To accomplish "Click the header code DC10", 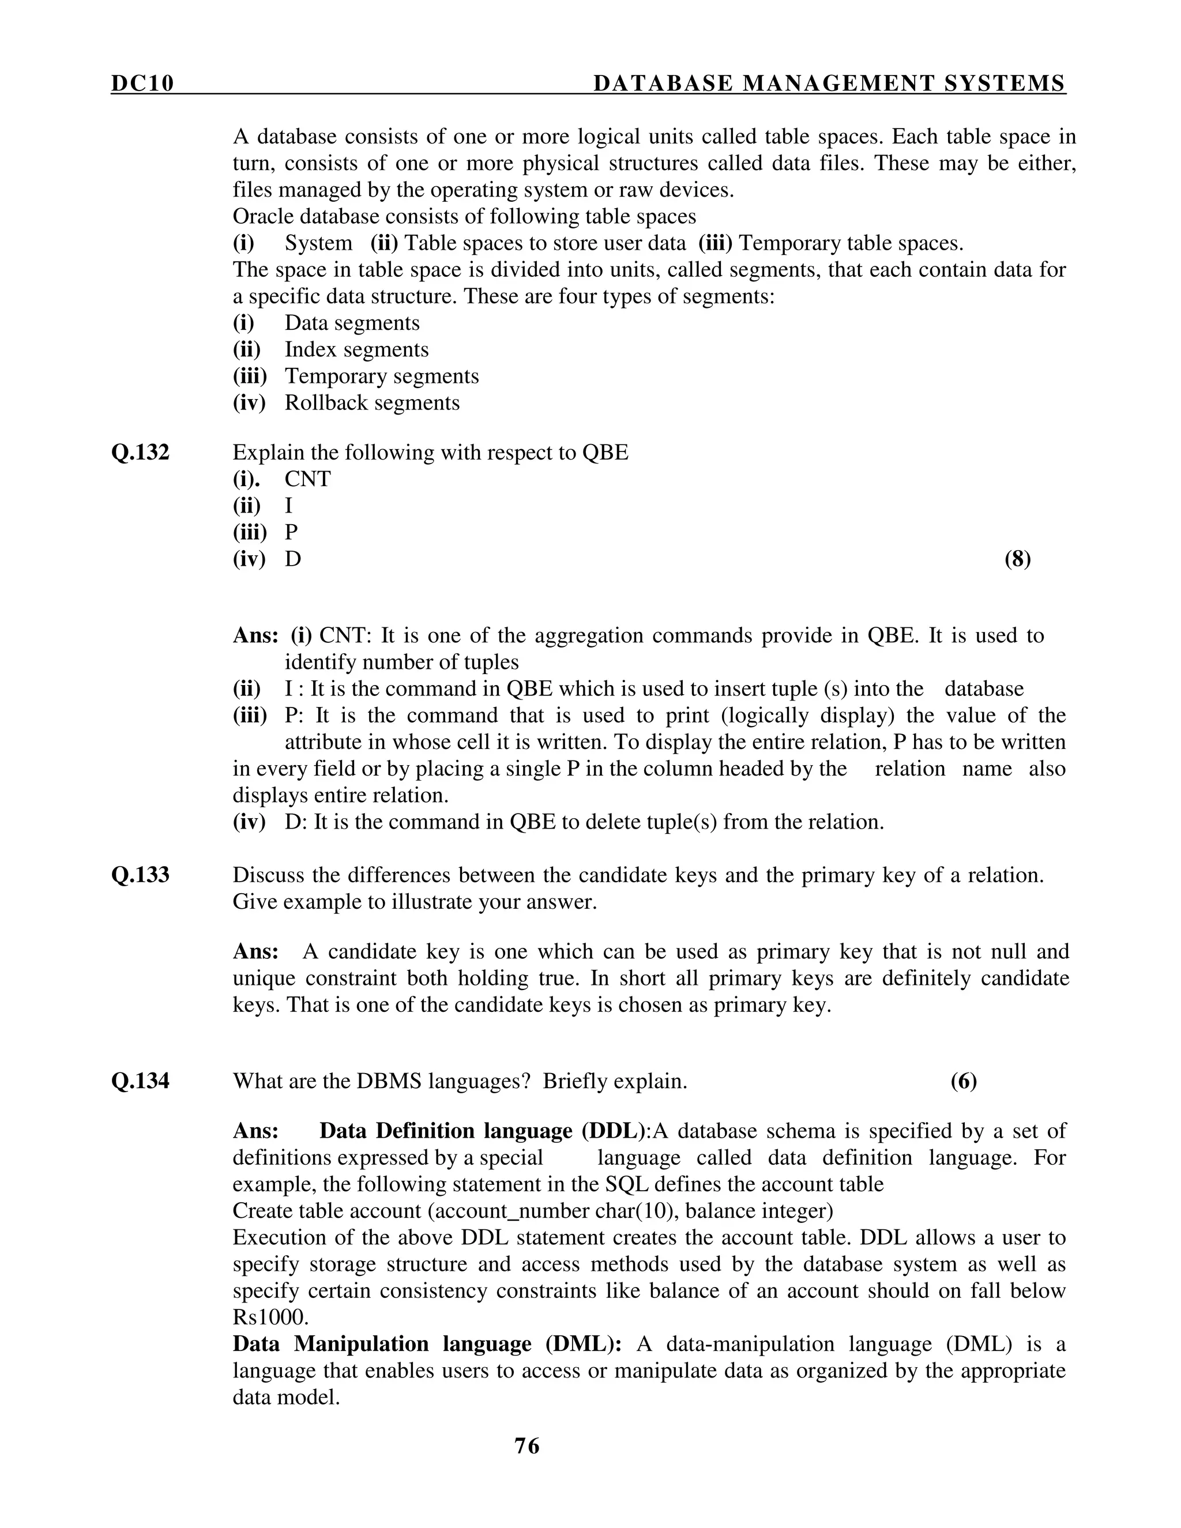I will click(x=142, y=84).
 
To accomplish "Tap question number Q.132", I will click(x=140, y=453).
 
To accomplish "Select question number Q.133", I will click(x=140, y=875).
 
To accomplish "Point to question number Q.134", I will click(x=140, y=1081).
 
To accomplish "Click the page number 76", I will click(x=527, y=1446).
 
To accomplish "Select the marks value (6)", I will click(x=964, y=1081).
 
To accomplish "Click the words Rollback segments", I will click(x=371, y=403).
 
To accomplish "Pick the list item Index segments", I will click(x=356, y=350).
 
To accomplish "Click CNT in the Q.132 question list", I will click(x=307, y=479).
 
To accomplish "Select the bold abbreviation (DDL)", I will click(x=612, y=1131).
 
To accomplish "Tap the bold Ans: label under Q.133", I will click(x=255, y=951).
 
